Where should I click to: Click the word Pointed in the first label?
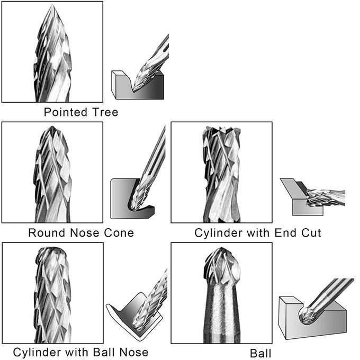pyautogui.click(x=66, y=112)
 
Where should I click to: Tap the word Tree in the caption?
pyautogui.click(x=105, y=112)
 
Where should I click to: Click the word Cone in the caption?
pyautogui.click(x=119, y=233)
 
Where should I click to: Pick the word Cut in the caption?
pyautogui.click(x=311, y=233)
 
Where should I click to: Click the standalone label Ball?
pyautogui.click(x=260, y=353)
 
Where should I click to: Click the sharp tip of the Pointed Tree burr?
pyautogui.click(x=52, y=4)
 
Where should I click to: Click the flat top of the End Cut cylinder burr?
pyautogui.click(x=221, y=129)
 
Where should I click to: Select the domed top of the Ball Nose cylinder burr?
pyautogui.click(x=52, y=249)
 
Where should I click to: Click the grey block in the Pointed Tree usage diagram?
pyautogui.click(x=138, y=85)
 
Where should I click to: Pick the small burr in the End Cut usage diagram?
pyautogui.click(x=326, y=197)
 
